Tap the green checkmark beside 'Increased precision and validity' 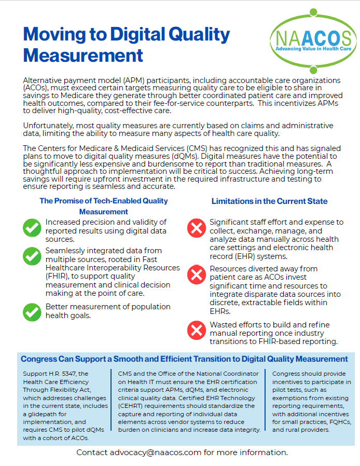[32, 227]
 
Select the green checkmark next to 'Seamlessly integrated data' [32, 256]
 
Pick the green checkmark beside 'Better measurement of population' [32, 311]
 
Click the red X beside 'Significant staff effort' [197, 227]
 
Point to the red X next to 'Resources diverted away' [197, 274]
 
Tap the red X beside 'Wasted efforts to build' [197, 330]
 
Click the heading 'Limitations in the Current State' [269, 201]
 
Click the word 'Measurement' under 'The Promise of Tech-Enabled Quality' [104, 212]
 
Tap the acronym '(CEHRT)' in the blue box [133, 406]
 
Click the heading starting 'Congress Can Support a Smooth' [184, 359]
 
